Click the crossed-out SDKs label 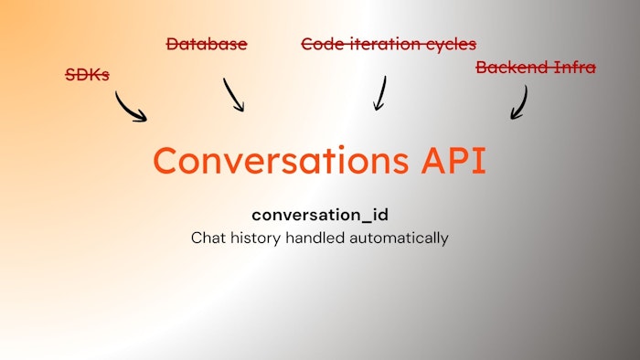pos(88,74)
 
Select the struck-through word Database pos(207,43)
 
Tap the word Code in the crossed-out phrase pos(322,43)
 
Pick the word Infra pos(574,67)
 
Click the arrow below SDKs pos(130,107)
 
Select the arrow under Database pos(234,94)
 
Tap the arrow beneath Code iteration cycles pos(379,92)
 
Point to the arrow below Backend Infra pos(519,102)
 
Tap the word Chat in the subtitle pos(207,238)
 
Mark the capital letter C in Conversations pos(165,160)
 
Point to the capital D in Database pos(173,43)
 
